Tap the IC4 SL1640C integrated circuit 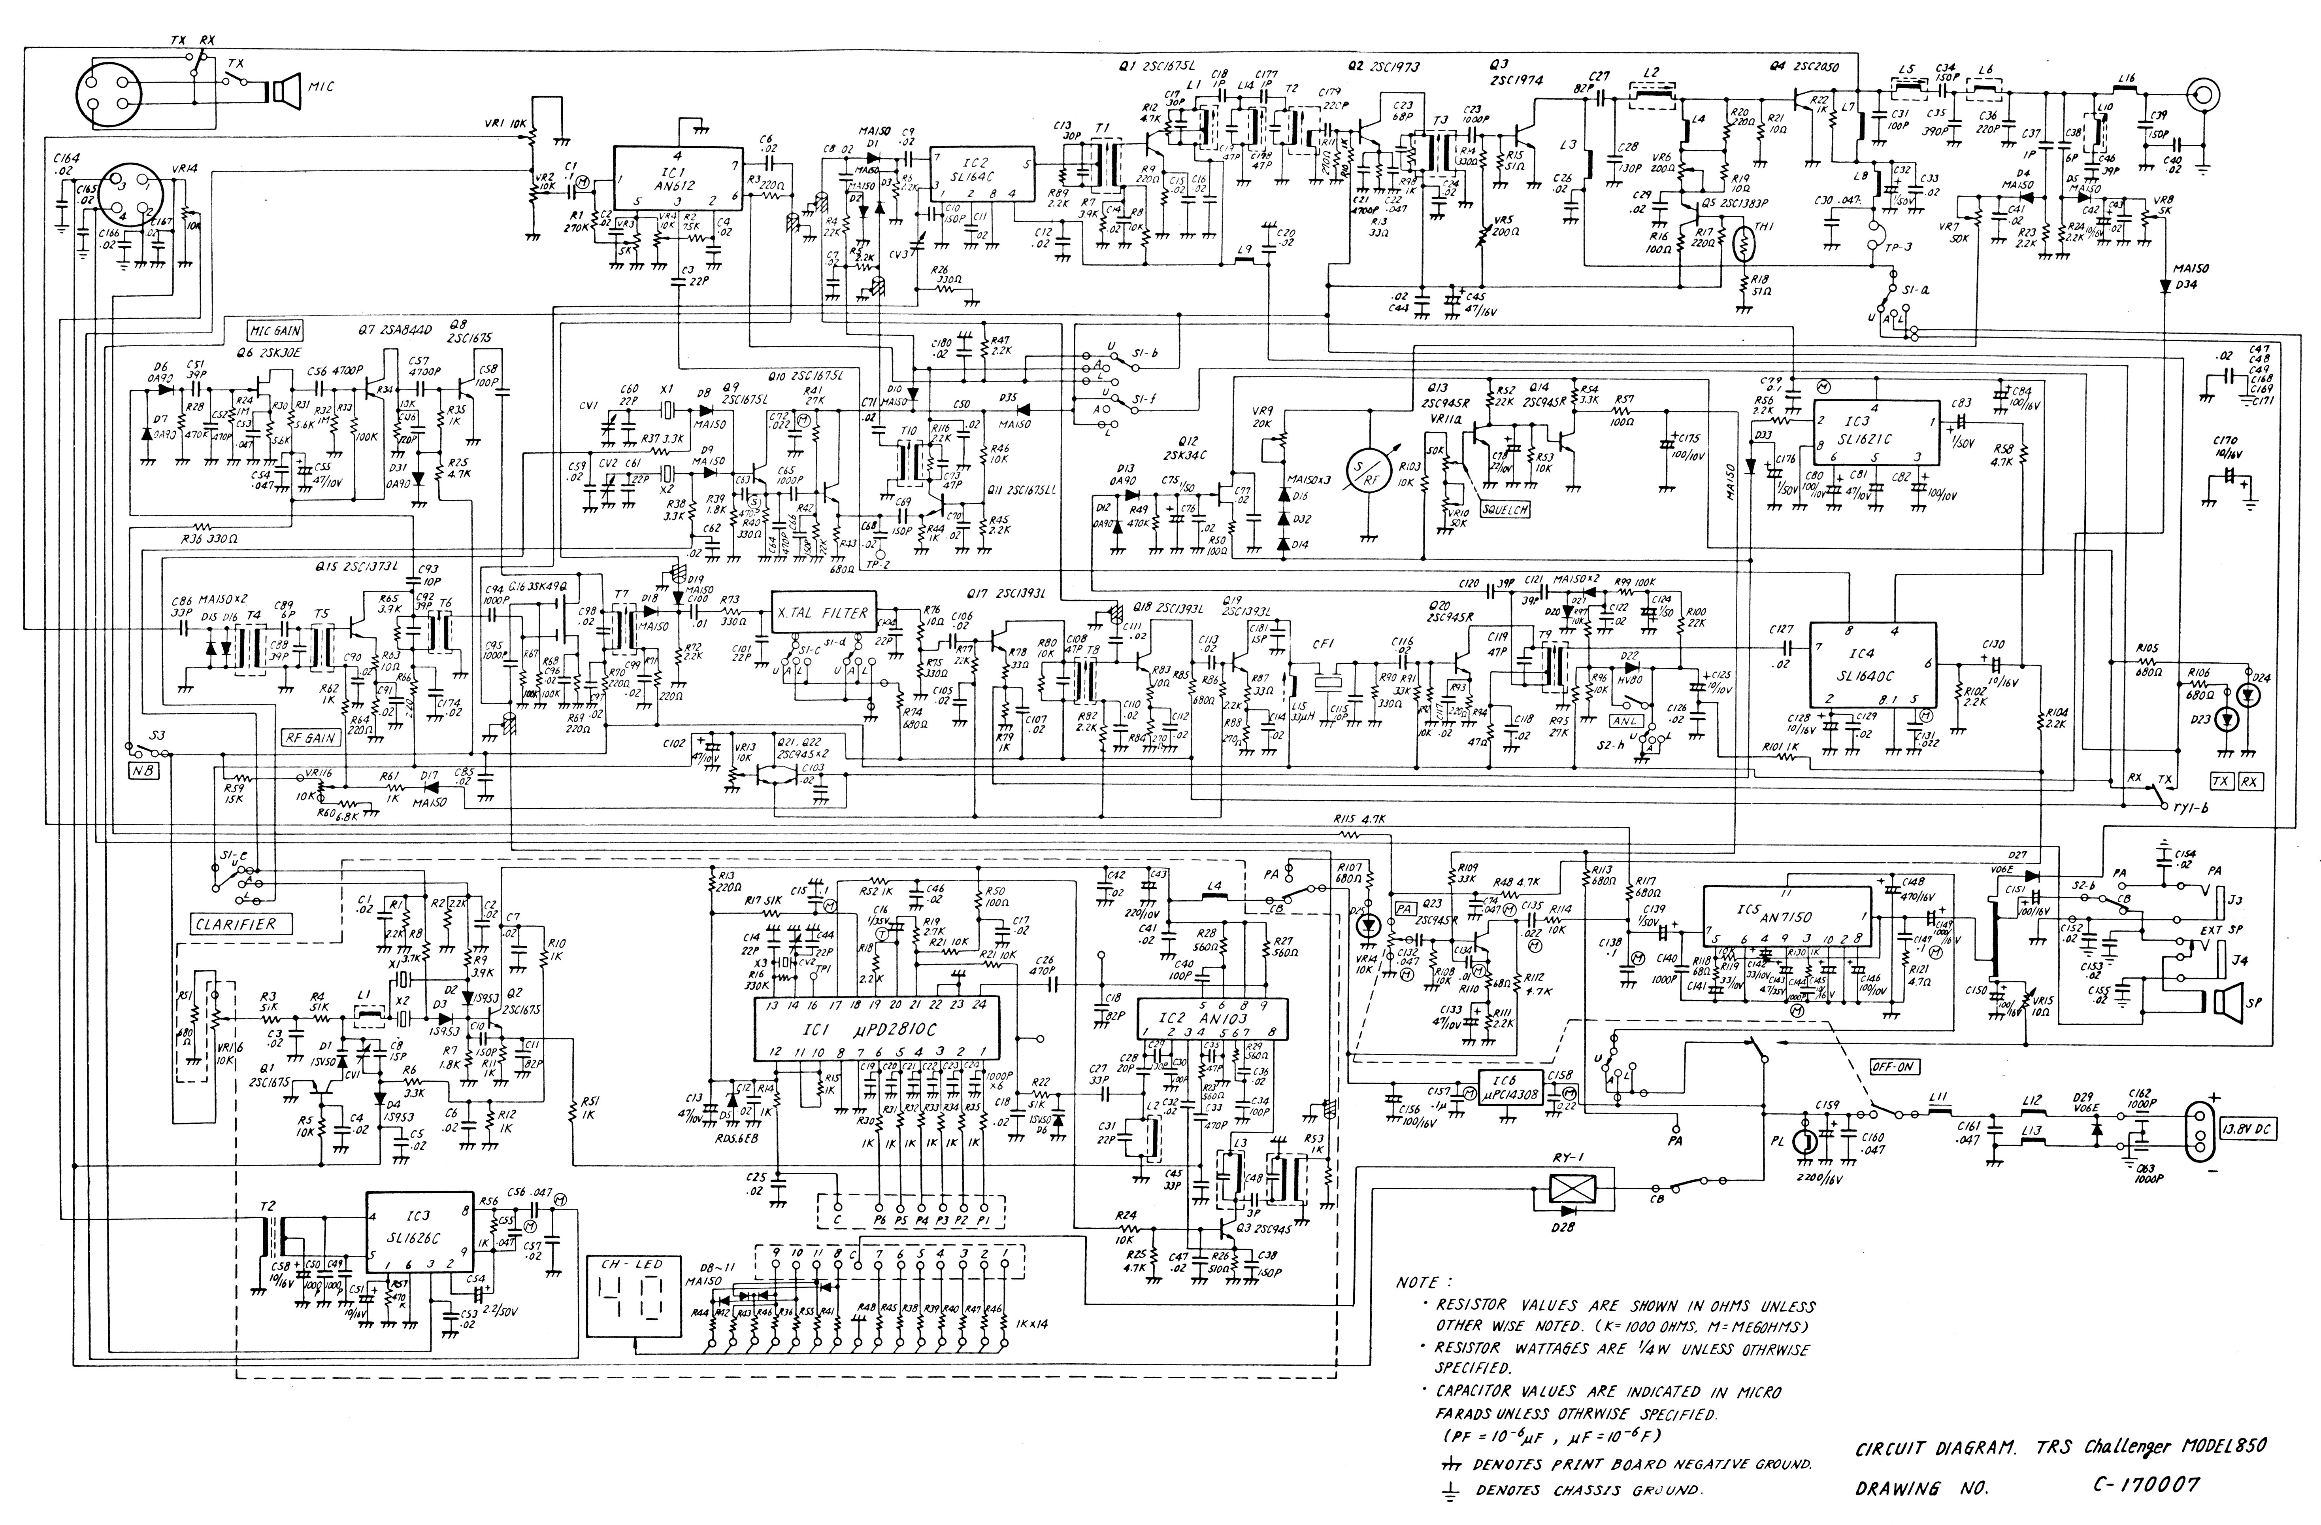[1872, 663]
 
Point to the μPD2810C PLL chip [878, 1029]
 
